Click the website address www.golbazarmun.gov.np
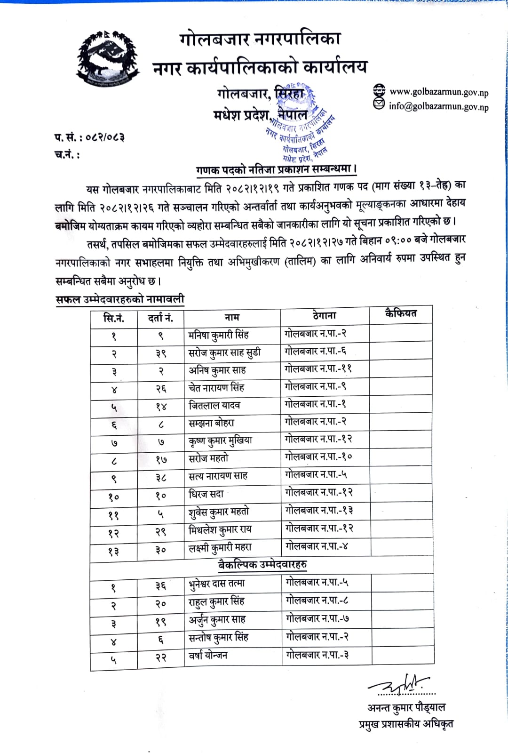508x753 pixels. tap(438, 92)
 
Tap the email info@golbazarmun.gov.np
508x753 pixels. tap(438, 106)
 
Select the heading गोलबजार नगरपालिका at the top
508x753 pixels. tap(260, 39)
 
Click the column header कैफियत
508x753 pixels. tap(401, 313)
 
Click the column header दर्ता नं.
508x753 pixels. tap(160, 318)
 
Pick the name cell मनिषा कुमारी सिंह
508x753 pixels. tap(218, 335)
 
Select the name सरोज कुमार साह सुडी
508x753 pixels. tap(224, 352)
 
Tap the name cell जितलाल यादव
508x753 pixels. tap(214, 405)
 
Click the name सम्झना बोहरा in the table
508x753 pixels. tap(211, 423)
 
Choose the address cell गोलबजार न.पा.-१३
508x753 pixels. tap(319, 510)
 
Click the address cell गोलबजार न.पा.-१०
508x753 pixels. tap(318, 457)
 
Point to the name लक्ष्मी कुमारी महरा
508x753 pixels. tap(220, 548)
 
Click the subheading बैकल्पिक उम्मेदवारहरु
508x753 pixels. tap(262, 564)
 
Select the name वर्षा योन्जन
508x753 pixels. tap(208, 655)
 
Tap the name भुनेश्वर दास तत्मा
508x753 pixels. tap(217, 584)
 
